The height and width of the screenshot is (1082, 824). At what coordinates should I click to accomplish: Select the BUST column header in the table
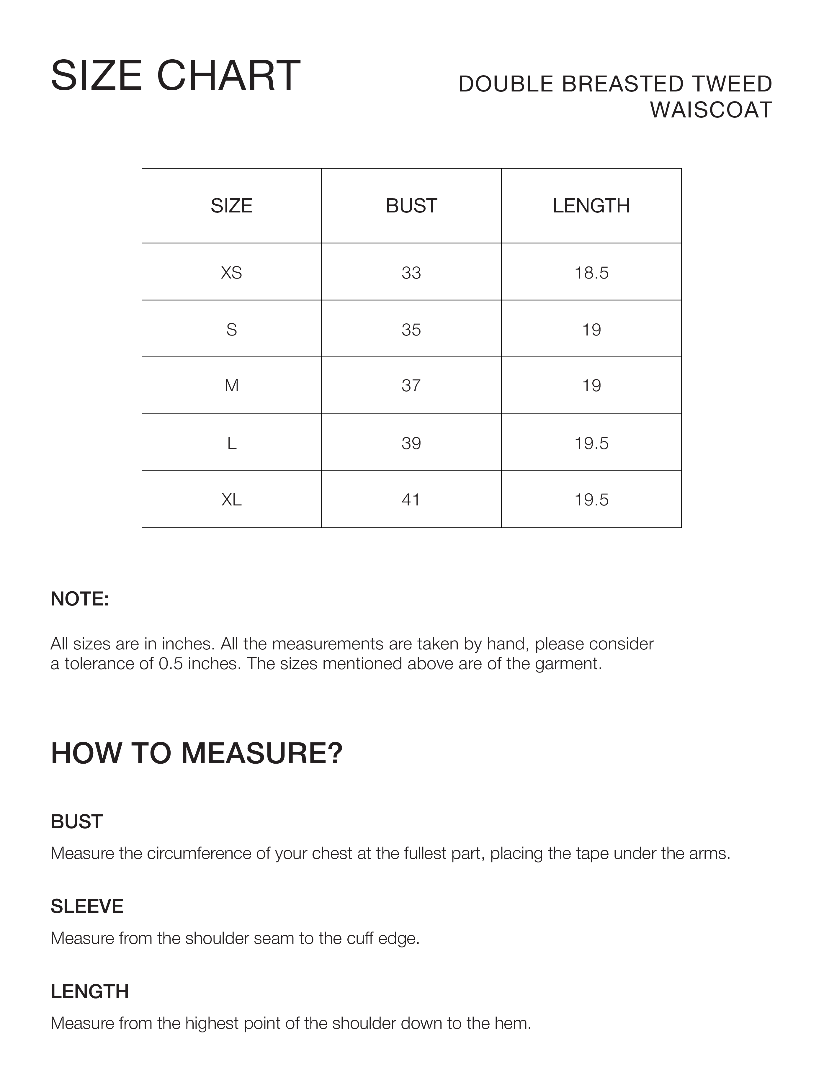(411, 206)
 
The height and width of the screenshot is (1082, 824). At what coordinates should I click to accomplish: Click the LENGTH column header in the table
(591, 206)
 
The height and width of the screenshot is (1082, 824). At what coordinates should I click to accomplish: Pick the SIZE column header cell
(231, 206)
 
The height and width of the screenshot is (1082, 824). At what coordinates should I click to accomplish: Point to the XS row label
(231, 273)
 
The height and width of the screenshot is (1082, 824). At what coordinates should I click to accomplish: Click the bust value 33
(411, 273)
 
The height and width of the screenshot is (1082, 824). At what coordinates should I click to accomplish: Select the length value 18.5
(591, 273)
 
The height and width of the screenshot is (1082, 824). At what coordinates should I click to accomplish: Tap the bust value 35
(411, 330)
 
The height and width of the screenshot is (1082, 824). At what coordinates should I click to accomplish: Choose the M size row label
(231, 386)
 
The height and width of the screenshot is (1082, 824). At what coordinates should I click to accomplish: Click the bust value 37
(411, 386)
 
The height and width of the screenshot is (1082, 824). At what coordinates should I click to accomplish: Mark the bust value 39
(411, 443)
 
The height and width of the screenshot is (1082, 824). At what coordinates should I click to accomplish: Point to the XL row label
(231, 500)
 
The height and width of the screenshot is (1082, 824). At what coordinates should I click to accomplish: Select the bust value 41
(411, 500)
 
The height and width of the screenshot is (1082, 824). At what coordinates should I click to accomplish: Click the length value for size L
(591, 443)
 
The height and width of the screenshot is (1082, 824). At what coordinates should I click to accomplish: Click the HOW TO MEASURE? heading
(196, 754)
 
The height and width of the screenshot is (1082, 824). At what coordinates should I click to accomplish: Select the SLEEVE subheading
(87, 906)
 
